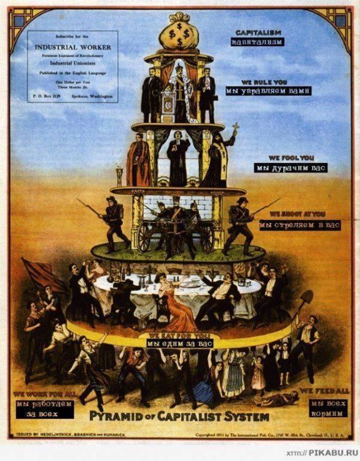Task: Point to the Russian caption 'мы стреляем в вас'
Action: coord(299,225)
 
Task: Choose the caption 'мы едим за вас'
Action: coord(180,344)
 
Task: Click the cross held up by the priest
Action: coord(236,128)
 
